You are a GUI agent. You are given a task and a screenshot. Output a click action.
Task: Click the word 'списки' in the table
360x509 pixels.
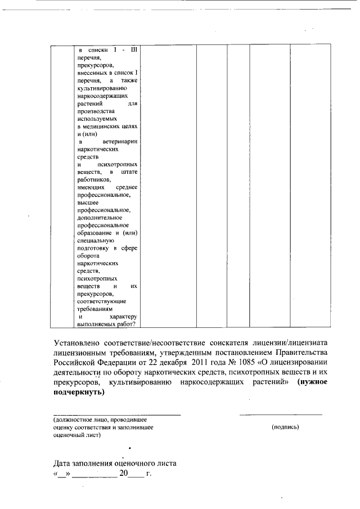tap(98, 50)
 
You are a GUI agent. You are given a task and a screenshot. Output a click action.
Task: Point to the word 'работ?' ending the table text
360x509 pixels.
tap(128, 324)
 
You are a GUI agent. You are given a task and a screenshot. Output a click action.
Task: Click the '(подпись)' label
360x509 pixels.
tap(285, 427)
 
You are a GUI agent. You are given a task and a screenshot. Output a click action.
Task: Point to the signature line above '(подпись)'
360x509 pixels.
tap(281, 415)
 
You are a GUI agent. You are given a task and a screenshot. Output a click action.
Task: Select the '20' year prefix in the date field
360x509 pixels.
tap(124, 474)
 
